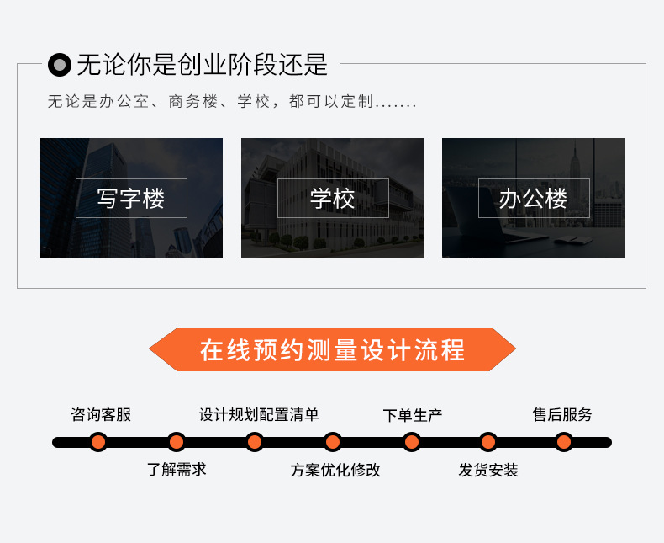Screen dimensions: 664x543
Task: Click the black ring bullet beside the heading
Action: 60,64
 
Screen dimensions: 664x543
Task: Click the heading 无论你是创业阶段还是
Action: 202,64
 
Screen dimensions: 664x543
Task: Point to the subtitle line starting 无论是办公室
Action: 232,102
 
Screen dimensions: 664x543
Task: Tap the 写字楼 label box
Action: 131,199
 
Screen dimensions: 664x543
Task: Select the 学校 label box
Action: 333,199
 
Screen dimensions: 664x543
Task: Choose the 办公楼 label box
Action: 534,199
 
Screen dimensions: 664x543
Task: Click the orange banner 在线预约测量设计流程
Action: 332,350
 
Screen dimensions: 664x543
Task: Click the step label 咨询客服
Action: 101,414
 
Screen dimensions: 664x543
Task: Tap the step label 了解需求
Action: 177,469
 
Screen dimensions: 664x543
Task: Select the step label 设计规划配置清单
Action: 259,414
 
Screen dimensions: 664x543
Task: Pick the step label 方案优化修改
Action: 335,470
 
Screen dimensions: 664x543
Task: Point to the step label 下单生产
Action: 412,414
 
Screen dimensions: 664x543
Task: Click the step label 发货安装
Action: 488,470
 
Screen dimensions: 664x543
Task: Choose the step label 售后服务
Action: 562,414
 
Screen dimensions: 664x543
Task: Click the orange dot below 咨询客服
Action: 98,442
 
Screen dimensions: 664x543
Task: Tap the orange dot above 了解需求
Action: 177,442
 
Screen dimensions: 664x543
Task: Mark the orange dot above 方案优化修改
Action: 333,442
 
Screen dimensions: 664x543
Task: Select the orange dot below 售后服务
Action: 564,442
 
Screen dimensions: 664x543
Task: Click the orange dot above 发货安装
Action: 488,442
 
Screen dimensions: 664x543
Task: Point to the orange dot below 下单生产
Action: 411,442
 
